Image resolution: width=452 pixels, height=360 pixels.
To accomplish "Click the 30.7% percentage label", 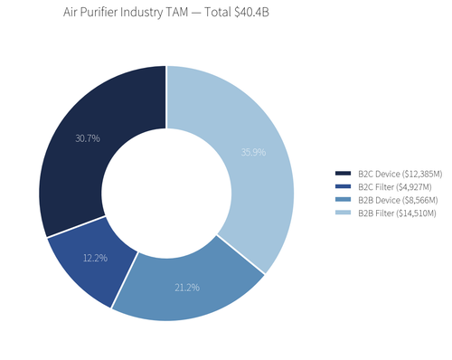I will (x=87, y=138).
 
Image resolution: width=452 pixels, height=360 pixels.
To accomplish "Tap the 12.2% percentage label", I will (x=95, y=258).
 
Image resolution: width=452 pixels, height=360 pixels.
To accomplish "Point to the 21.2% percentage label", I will (x=187, y=288).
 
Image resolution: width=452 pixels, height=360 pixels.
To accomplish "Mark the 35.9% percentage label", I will (x=254, y=152).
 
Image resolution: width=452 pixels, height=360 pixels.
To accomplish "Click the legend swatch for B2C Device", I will (x=343, y=173).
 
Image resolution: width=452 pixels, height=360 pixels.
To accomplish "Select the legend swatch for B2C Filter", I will (x=343, y=186).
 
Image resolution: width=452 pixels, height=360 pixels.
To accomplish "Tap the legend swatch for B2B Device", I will (x=343, y=200).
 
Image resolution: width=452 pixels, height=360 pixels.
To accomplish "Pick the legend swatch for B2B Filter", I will (x=343, y=213).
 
